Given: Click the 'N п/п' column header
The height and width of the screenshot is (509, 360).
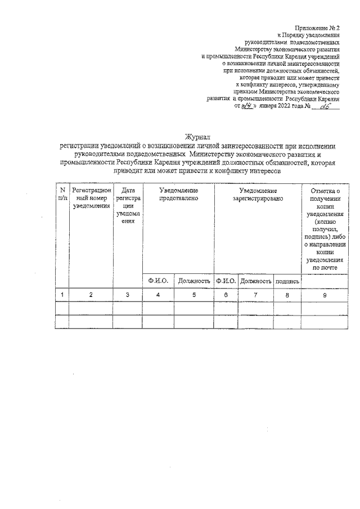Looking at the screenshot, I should tap(62, 195).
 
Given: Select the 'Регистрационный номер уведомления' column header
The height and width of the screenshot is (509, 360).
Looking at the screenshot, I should tap(91, 198).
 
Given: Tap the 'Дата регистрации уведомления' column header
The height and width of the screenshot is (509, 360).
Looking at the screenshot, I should tap(127, 206).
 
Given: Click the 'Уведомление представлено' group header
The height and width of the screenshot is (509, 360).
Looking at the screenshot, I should tap(178, 195).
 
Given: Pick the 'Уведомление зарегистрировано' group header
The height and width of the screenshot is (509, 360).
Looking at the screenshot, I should tap(258, 195).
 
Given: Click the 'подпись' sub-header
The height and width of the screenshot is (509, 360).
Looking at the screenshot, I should tap(287, 281).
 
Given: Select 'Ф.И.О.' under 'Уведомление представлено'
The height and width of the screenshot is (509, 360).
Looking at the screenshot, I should tap(158, 281).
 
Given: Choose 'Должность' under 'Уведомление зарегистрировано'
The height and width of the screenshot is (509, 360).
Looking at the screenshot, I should tap(255, 281).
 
